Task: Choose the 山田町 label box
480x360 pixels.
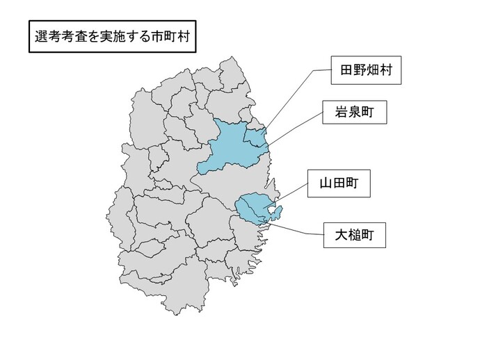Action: click(x=339, y=185)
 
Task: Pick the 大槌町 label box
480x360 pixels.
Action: click(x=353, y=236)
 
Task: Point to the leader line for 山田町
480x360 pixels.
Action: click(x=292, y=195)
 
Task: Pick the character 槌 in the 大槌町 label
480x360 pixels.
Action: click(x=353, y=236)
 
